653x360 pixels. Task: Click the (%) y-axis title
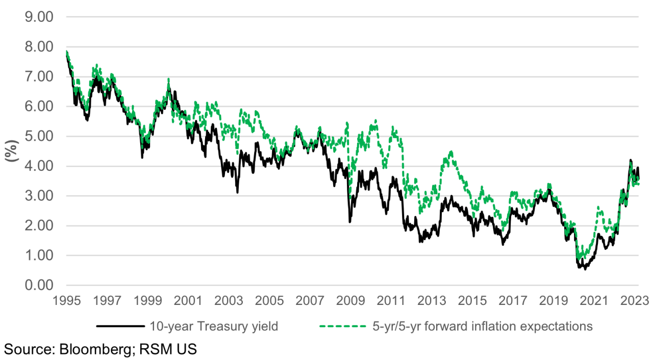pyautogui.click(x=11, y=151)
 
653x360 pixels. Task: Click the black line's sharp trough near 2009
pyautogui.click(x=349, y=222)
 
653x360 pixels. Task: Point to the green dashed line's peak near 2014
pyautogui.click(x=450, y=151)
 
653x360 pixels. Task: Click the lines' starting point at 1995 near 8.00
pyautogui.click(x=67, y=52)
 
